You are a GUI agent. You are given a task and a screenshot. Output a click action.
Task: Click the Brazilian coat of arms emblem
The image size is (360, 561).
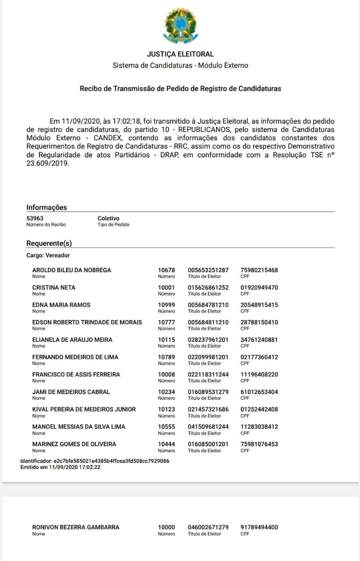click(180, 25)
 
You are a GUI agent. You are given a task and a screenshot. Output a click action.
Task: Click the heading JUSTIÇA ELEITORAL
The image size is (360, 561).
click(180, 54)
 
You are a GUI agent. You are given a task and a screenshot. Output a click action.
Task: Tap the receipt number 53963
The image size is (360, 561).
click(35, 218)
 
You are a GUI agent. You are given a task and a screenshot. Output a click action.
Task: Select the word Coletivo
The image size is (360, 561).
click(108, 218)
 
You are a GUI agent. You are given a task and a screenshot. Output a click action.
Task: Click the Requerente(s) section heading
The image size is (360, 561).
click(49, 243)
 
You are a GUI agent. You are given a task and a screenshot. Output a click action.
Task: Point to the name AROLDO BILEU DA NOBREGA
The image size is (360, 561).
click(72, 270)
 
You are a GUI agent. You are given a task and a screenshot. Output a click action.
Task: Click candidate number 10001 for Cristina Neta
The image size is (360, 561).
click(166, 288)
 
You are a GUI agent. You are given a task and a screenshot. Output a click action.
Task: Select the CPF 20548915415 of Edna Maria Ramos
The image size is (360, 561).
click(259, 305)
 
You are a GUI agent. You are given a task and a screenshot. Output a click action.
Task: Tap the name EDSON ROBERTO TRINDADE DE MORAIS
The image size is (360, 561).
click(87, 322)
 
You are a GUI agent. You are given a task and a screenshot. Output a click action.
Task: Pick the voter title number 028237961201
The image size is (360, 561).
click(208, 340)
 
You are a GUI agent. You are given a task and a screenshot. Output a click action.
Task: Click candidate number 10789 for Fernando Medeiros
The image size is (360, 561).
click(166, 357)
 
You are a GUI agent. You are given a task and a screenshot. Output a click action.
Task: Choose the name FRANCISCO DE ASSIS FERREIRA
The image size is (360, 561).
click(76, 375)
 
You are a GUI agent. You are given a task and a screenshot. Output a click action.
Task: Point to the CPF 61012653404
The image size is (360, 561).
click(259, 392)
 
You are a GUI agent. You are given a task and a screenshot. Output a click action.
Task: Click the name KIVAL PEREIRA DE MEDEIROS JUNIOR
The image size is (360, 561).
click(84, 409)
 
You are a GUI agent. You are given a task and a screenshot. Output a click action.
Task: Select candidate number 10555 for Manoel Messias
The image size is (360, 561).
click(166, 426)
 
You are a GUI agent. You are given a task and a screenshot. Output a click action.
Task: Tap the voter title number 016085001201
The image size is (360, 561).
click(208, 444)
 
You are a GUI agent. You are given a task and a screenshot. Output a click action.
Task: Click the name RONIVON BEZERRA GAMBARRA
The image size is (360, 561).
click(76, 527)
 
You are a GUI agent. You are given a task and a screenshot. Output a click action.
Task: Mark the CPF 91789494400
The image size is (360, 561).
click(259, 527)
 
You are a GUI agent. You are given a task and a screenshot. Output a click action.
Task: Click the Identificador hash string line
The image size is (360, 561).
click(95, 461)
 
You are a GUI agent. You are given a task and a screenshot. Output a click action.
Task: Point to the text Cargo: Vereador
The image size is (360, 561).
click(48, 255)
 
